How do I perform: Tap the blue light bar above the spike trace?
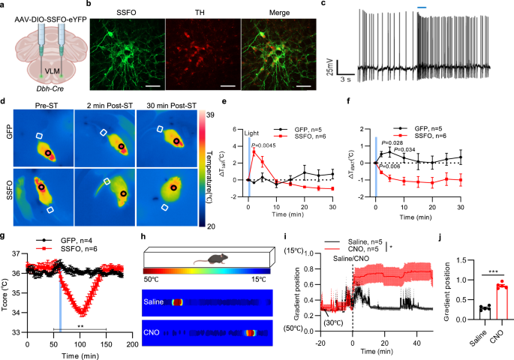422,8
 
